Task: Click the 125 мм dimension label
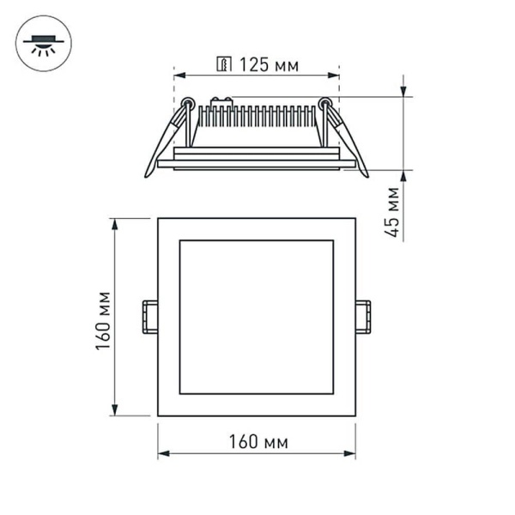[269, 65]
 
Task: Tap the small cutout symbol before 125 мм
[224, 64]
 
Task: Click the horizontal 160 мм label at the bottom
[257, 442]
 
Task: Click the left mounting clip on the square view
[149, 316]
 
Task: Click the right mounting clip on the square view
[364, 316]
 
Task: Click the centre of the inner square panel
[256, 317]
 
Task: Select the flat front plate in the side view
[256, 162]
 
